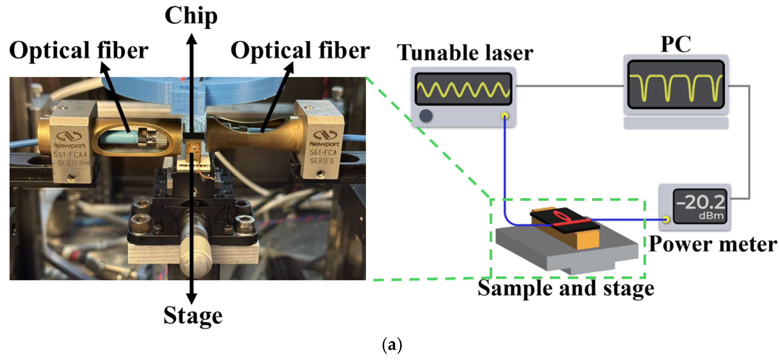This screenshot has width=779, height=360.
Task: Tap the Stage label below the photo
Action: tap(193, 316)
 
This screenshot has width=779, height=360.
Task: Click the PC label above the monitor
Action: tap(676, 44)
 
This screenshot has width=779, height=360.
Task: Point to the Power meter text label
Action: tap(713, 244)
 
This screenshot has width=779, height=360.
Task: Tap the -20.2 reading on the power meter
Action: tap(700, 202)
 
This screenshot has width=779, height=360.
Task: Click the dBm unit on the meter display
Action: tap(711, 216)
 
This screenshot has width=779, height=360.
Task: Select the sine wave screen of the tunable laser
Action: tap(463, 89)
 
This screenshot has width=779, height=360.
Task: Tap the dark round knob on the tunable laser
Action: tap(426, 116)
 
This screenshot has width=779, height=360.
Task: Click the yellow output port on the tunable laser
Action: tap(504, 116)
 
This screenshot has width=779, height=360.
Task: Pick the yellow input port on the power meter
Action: tap(666, 219)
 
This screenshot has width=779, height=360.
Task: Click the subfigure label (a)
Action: tap(392, 345)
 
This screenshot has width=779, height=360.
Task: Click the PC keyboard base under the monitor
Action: tap(676, 123)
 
